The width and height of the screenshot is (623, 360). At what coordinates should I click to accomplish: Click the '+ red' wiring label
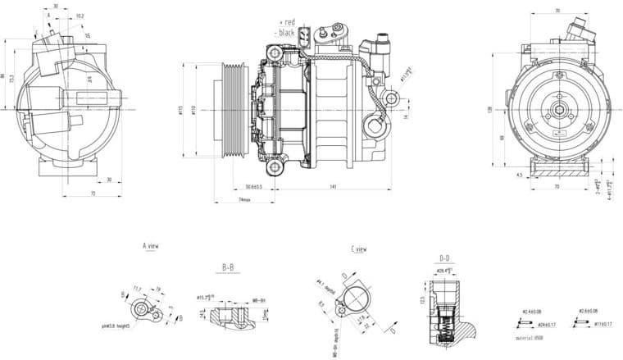click(286, 21)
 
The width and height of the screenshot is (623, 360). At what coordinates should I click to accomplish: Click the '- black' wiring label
click(285, 32)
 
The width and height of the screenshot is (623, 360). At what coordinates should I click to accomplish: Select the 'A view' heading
click(150, 246)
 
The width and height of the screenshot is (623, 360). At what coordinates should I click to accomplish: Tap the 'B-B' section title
click(230, 267)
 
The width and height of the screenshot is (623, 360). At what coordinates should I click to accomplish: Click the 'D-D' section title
click(445, 257)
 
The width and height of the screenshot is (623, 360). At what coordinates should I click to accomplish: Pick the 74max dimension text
click(243, 199)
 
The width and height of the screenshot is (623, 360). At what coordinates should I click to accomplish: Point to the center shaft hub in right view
click(557, 111)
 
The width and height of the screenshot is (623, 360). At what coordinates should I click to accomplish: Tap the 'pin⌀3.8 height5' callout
click(121, 326)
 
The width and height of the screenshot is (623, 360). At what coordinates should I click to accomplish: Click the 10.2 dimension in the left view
click(79, 16)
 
